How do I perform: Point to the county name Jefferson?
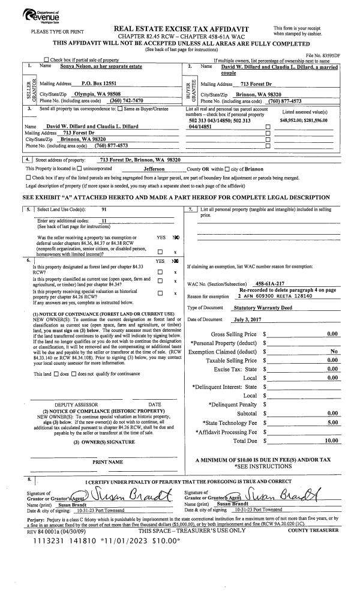coord(149,170)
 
